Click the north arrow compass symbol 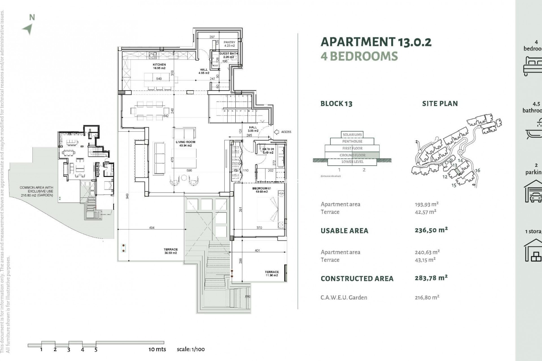tap(28, 28)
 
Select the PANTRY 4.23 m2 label tap(229, 44)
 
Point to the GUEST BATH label tap(229, 54)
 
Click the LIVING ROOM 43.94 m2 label tap(185, 144)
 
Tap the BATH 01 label tap(268, 151)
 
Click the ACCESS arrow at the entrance tap(277, 132)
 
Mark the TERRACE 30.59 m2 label tap(171, 251)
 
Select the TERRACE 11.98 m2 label tap(272, 274)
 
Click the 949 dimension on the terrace tap(128, 196)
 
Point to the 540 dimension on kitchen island tap(159, 79)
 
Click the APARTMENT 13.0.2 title tap(376, 42)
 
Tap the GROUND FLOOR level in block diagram tap(352, 155)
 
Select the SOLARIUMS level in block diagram tap(352, 135)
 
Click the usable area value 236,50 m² tap(431, 230)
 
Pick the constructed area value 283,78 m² tap(431, 278)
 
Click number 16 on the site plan tap(477, 170)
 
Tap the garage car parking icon tap(533, 191)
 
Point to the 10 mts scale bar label tap(157, 349)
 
